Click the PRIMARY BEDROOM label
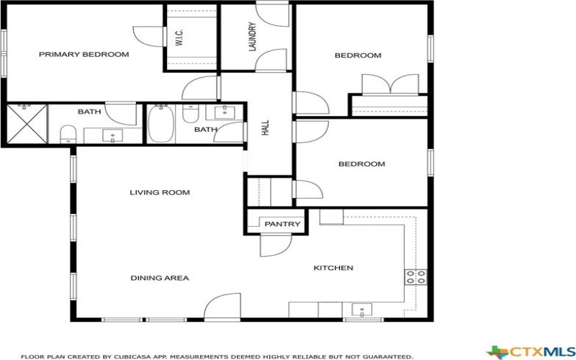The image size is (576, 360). (84, 55)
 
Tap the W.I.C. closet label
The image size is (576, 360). (179, 38)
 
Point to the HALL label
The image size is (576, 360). (266, 128)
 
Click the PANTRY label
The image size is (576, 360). (282, 224)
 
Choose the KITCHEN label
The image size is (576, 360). (333, 268)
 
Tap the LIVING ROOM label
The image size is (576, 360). (160, 192)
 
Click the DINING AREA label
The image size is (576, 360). (160, 278)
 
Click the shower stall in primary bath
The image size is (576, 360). (27, 124)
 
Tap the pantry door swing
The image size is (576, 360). (274, 245)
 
